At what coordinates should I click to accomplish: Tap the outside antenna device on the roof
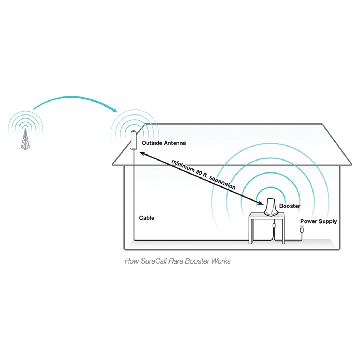(134, 140)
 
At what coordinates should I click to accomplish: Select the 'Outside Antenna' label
(164, 143)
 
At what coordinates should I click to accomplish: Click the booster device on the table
(271, 207)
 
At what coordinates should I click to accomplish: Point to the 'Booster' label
(290, 206)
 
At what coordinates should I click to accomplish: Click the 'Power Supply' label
(319, 221)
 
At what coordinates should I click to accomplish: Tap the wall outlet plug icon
(302, 229)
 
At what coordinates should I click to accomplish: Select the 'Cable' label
(147, 218)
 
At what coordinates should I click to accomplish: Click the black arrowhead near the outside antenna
(142, 153)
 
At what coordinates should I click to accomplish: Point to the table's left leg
(252, 230)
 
